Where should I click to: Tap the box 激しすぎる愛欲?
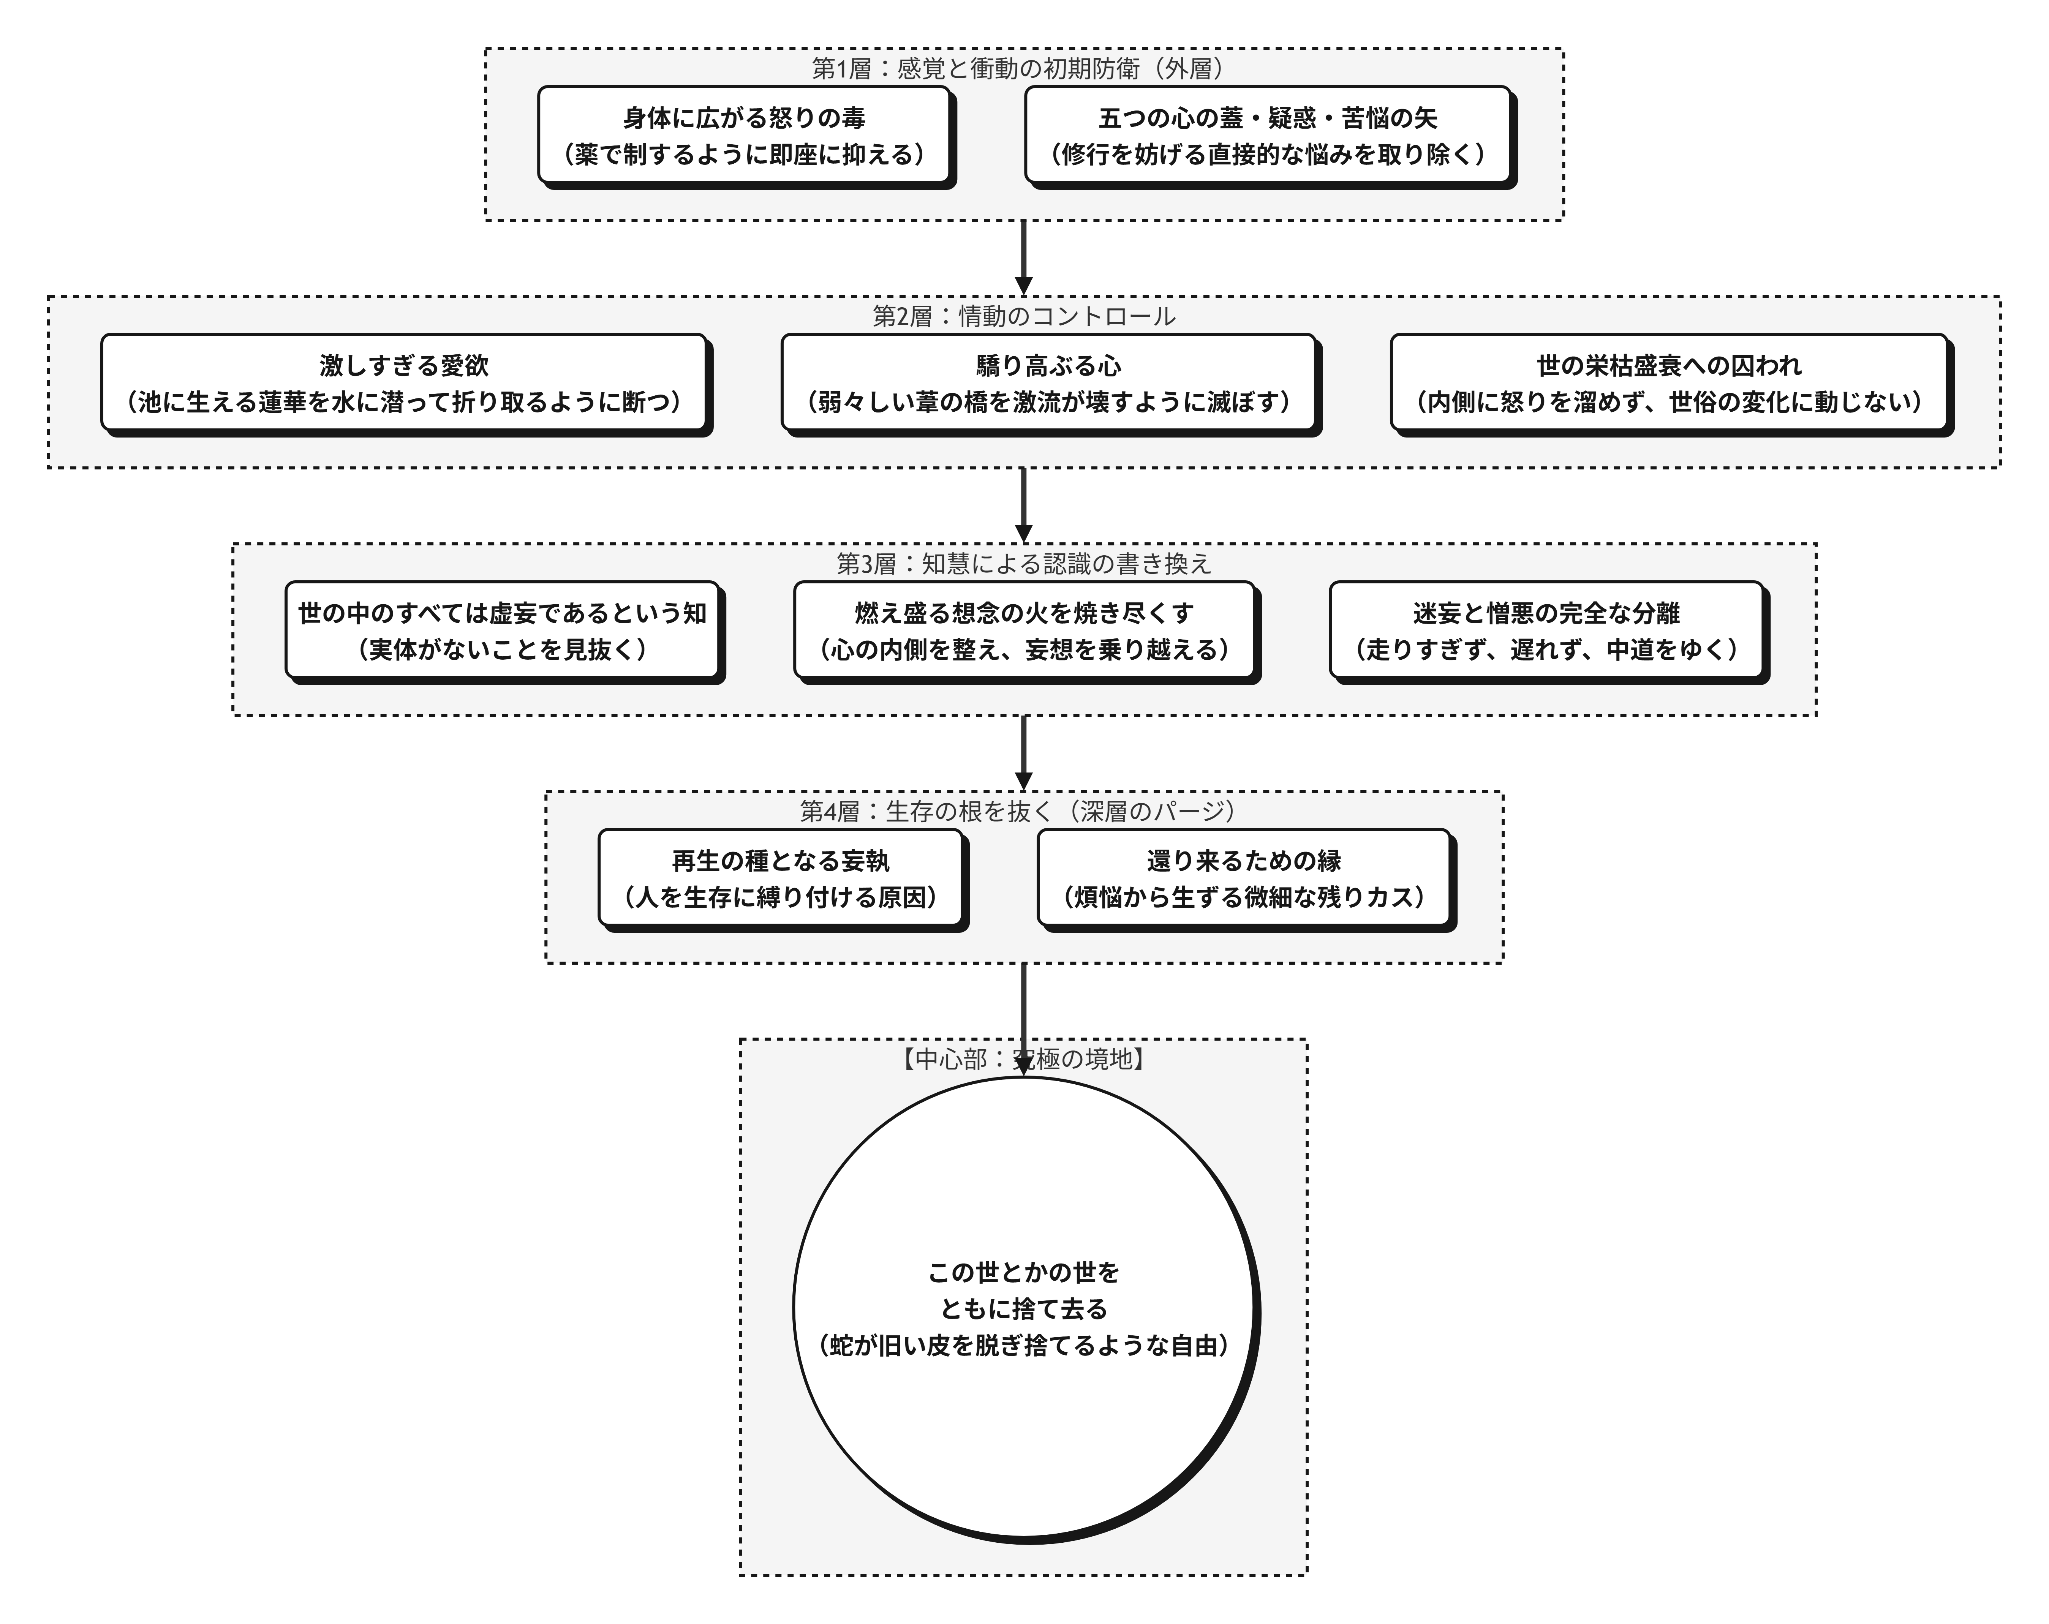point(404,383)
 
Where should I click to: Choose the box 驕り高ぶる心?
point(1048,383)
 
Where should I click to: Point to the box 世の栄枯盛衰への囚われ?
point(1669,383)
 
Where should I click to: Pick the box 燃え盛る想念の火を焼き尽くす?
point(1024,631)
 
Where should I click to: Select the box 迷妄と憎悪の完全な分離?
point(1546,631)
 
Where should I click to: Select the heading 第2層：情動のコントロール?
point(1023,316)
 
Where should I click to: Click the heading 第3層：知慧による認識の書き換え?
point(1023,564)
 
